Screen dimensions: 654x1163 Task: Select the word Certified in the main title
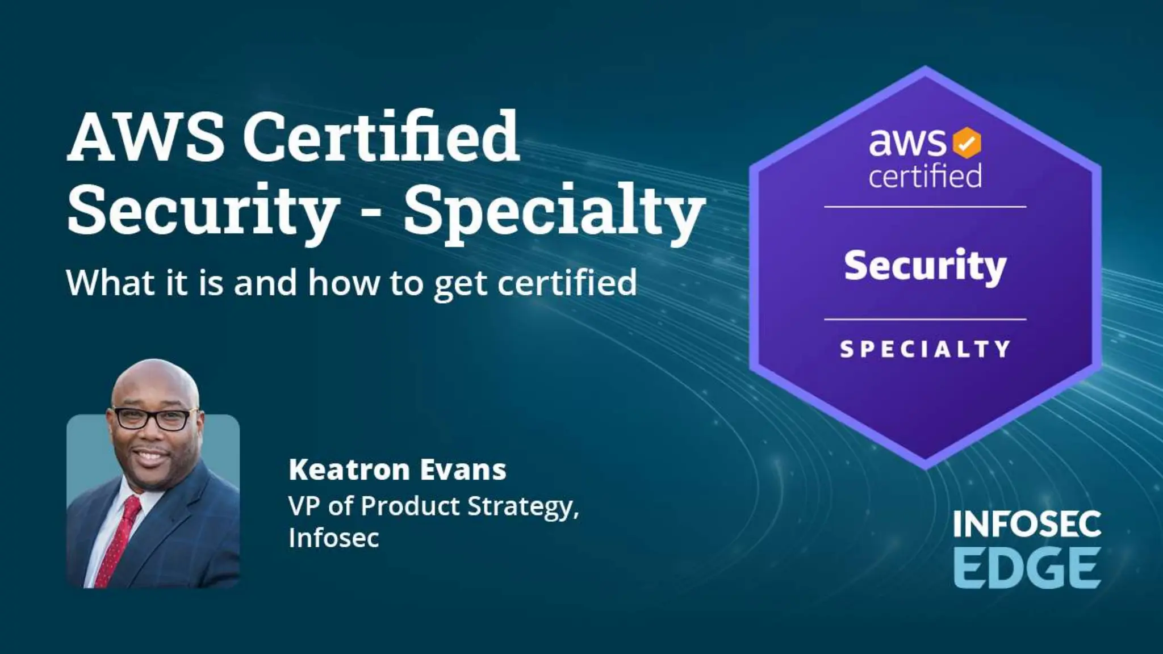coord(381,137)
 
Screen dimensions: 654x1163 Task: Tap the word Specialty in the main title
coord(554,211)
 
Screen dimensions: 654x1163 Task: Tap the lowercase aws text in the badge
coord(907,142)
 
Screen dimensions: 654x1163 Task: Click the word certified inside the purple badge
coord(925,175)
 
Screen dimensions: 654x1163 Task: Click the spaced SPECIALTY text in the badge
coord(925,349)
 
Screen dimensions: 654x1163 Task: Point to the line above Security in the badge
coord(925,207)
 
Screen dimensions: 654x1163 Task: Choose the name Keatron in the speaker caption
coord(349,470)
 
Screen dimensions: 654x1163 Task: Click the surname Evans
coord(462,470)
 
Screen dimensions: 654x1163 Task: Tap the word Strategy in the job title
coord(523,506)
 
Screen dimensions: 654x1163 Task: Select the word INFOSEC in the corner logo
coord(1027,524)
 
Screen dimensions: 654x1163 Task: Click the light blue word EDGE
coord(1027,568)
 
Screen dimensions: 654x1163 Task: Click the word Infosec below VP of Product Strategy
coord(333,538)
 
